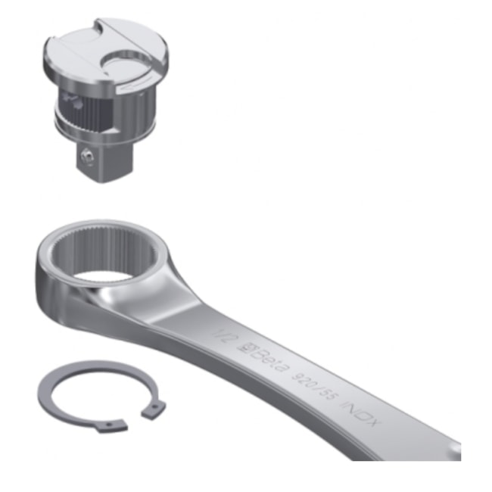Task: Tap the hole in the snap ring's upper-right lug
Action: click(x=154, y=408)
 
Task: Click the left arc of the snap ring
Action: click(x=47, y=394)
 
